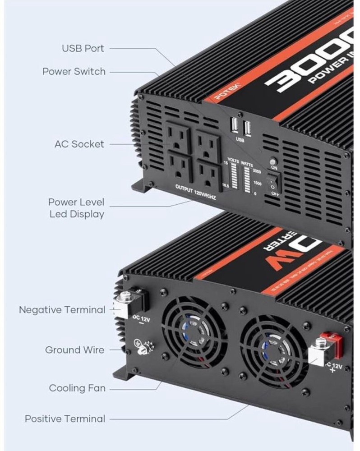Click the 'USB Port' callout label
[x=83, y=48]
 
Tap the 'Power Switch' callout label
[x=74, y=71]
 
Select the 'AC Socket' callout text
[x=79, y=144]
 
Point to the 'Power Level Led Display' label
[x=76, y=208]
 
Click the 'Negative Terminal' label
[x=62, y=310]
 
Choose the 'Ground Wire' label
[x=74, y=350]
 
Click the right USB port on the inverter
[x=247, y=129]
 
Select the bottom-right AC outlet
[x=208, y=175]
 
